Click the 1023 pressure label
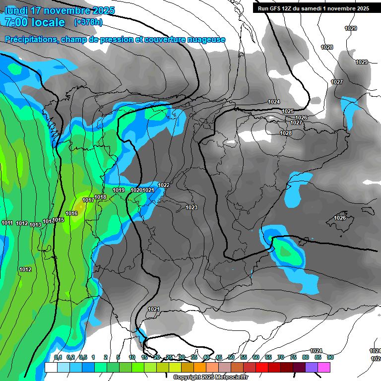pos(191,207)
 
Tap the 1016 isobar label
pos(71,213)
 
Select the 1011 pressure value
pos(7,223)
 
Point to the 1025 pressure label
pos(288,111)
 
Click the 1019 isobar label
pos(119,190)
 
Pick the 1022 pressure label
pos(164,185)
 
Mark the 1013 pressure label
pos(35,225)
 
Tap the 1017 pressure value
pos(88,200)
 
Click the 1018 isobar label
pos(101,197)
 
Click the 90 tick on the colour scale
pos(330,357)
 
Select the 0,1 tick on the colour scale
pos(58,357)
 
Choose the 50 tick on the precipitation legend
pos(231,357)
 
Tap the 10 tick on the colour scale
pos(132,357)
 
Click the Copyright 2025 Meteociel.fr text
pos(211,377)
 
